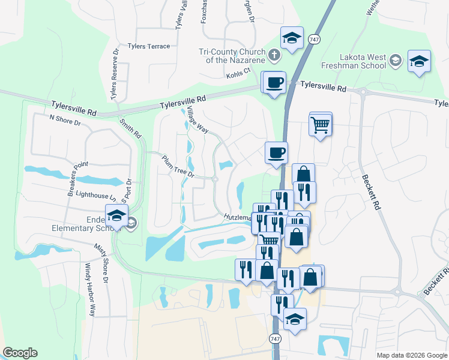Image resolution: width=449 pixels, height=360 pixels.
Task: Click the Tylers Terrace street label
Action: (x=149, y=46)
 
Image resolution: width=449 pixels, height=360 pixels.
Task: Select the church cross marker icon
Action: (x=274, y=55)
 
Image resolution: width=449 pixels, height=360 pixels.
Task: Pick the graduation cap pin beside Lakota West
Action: (x=419, y=61)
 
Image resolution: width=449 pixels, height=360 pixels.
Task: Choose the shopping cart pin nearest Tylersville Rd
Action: (x=321, y=125)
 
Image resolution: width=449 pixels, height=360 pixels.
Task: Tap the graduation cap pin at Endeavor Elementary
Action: (x=116, y=216)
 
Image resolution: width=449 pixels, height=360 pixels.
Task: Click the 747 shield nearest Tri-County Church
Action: (x=313, y=39)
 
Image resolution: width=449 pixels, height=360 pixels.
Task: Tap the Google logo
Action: (x=20, y=353)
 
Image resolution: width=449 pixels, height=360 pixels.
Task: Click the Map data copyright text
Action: (x=411, y=355)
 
